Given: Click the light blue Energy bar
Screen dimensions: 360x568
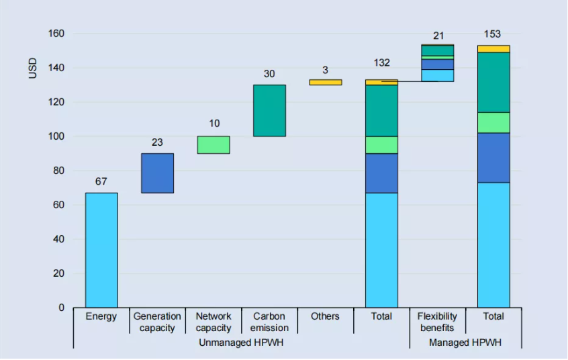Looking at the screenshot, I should coord(101,250).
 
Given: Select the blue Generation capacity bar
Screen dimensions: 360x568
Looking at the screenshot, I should coord(157,173).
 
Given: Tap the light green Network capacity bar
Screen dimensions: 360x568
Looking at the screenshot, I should coord(214,145).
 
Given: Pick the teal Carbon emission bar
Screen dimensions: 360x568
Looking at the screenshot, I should coord(269,111).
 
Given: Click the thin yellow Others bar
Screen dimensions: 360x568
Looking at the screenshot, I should coord(326,83).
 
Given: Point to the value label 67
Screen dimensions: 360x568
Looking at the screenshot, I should coord(101,181).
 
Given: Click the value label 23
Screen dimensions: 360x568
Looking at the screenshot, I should coord(157,142).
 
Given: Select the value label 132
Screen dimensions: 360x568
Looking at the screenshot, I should coord(381,63).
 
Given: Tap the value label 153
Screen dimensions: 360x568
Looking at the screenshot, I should coord(493,34).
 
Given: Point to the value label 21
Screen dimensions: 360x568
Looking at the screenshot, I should coord(438,36).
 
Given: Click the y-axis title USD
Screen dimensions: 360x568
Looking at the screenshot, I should coord(33,68).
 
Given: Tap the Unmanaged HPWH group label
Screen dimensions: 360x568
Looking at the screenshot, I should coord(241,343).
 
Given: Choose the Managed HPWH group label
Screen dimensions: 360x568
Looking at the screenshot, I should coord(465,343).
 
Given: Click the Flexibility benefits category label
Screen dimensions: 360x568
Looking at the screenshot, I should coord(437,322).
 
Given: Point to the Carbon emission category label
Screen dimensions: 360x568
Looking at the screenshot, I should coord(269,322).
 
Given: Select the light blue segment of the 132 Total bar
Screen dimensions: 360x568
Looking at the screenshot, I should coord(381,250).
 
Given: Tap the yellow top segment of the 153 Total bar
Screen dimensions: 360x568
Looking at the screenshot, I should coord(493,49).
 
